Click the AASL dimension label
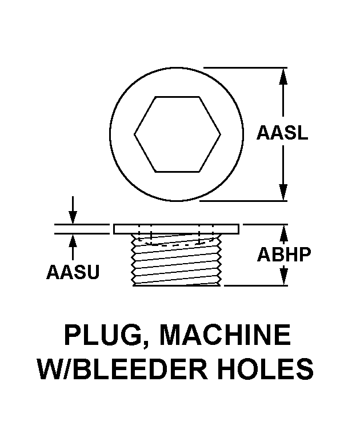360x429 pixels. (x=282, y=133)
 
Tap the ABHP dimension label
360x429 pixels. (x=284, y=254)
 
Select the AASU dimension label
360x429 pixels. (x=73, y=272)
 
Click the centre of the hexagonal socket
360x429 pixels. (x=177, y=134)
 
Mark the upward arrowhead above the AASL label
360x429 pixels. (x=283, y=77)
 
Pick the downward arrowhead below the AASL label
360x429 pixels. (x=283, y=192)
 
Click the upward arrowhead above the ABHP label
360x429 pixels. (x=284, y=232)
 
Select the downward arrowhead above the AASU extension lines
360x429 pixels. (x=73, y=217)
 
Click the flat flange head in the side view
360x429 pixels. (x=177, y=229)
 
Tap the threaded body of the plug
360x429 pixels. (x=177, y=260)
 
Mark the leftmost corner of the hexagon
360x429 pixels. (x=134, y=134)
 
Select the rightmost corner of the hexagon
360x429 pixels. (x=221, y=134)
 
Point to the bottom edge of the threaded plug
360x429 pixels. (x=177, y=285)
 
